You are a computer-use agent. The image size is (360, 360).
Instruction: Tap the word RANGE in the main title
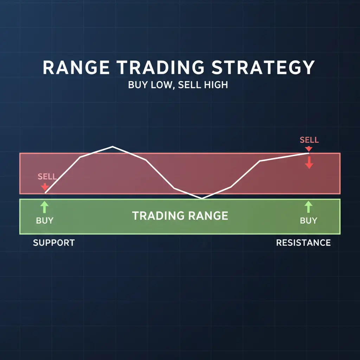76,67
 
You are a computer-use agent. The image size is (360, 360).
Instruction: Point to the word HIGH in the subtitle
216,85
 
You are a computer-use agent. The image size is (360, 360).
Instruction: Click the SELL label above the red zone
309,140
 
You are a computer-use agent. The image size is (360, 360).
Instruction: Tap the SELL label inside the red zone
47,176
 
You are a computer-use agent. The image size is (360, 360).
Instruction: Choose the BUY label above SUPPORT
45,220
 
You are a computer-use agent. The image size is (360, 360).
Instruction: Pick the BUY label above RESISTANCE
308,220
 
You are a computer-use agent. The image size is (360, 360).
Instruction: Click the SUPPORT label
54,243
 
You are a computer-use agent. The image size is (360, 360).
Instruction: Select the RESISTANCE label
303,243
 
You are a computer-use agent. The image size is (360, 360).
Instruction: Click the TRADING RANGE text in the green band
180,216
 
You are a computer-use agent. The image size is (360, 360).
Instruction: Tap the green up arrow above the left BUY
45,207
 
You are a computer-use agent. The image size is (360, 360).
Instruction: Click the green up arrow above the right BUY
308,207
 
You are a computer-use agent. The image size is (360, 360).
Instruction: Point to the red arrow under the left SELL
45,187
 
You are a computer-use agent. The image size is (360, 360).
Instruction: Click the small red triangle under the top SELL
309,149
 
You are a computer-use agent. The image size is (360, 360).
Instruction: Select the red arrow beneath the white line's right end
309,162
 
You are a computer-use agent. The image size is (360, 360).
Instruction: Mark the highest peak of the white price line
112,147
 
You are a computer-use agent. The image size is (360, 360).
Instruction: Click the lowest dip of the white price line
202,198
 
